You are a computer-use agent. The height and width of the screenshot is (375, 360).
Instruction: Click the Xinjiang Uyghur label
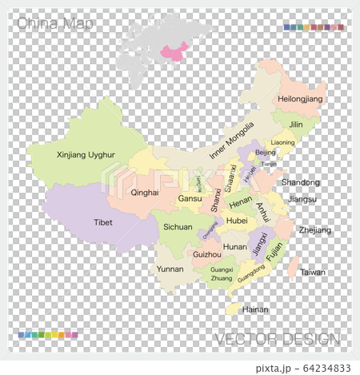(86, 154)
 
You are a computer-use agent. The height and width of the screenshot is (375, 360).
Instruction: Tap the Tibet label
(103, 222)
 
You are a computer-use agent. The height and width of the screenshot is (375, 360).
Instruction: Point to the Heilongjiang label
(299, 99)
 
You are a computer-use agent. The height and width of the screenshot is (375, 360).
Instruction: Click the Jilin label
(296, 125)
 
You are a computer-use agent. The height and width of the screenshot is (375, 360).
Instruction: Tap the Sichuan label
(178, 227)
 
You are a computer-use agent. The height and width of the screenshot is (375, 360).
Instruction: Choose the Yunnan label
(170, 269)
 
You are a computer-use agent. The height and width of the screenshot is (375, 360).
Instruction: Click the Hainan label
(255, 309)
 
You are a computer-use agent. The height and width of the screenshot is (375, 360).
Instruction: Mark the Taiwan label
(313, 272)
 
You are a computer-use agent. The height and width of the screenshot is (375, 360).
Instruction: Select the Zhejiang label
(314, 229)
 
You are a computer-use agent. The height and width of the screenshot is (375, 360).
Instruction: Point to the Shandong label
(300, 182)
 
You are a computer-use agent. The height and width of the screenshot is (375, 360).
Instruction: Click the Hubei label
(237, 220)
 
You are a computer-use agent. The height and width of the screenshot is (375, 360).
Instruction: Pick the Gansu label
(190, 198)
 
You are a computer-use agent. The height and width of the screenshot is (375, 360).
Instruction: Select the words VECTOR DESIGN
(277, 339)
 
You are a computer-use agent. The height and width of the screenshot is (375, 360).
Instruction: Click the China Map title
(54, 24)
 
